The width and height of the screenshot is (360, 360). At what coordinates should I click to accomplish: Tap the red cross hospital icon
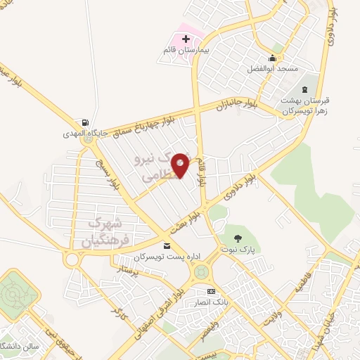(185, 39)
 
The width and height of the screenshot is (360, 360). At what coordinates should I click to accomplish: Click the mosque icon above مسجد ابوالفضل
(272, 58)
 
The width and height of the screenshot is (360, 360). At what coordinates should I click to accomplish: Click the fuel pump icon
(85, 122)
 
